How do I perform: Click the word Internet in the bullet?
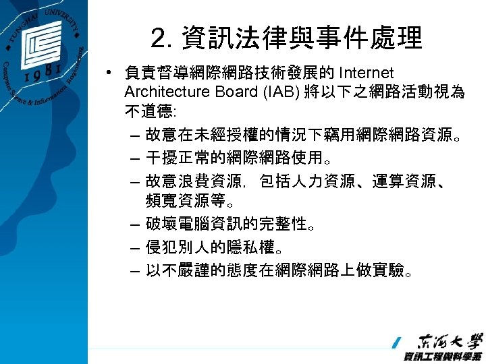[x=368, y=73]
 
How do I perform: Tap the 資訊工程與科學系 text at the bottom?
[x=442, y=357]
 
